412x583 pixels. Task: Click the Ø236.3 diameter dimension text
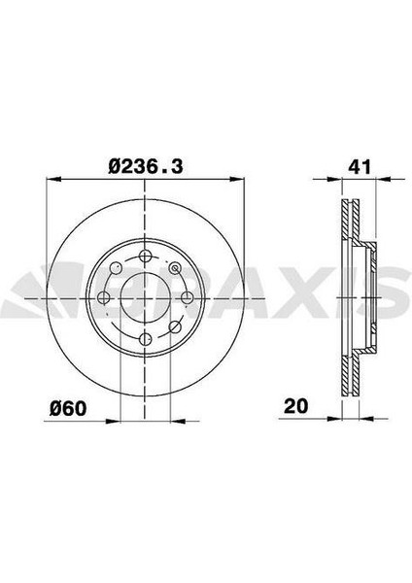[x=146, y=166]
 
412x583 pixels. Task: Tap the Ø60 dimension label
[x=68, y=408]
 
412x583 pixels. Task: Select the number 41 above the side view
[x=360, y=167]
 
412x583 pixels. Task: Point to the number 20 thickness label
[x=296, y=405]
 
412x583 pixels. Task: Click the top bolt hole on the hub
[x=145, y=256]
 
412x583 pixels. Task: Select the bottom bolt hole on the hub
[x=145, y=339]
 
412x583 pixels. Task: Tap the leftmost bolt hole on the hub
[x=103, y=297]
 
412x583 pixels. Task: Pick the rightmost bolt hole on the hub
[x=187, y=297]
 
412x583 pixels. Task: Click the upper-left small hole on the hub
[x=116, y=267]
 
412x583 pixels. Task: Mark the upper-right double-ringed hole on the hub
[x=174, y=267]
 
